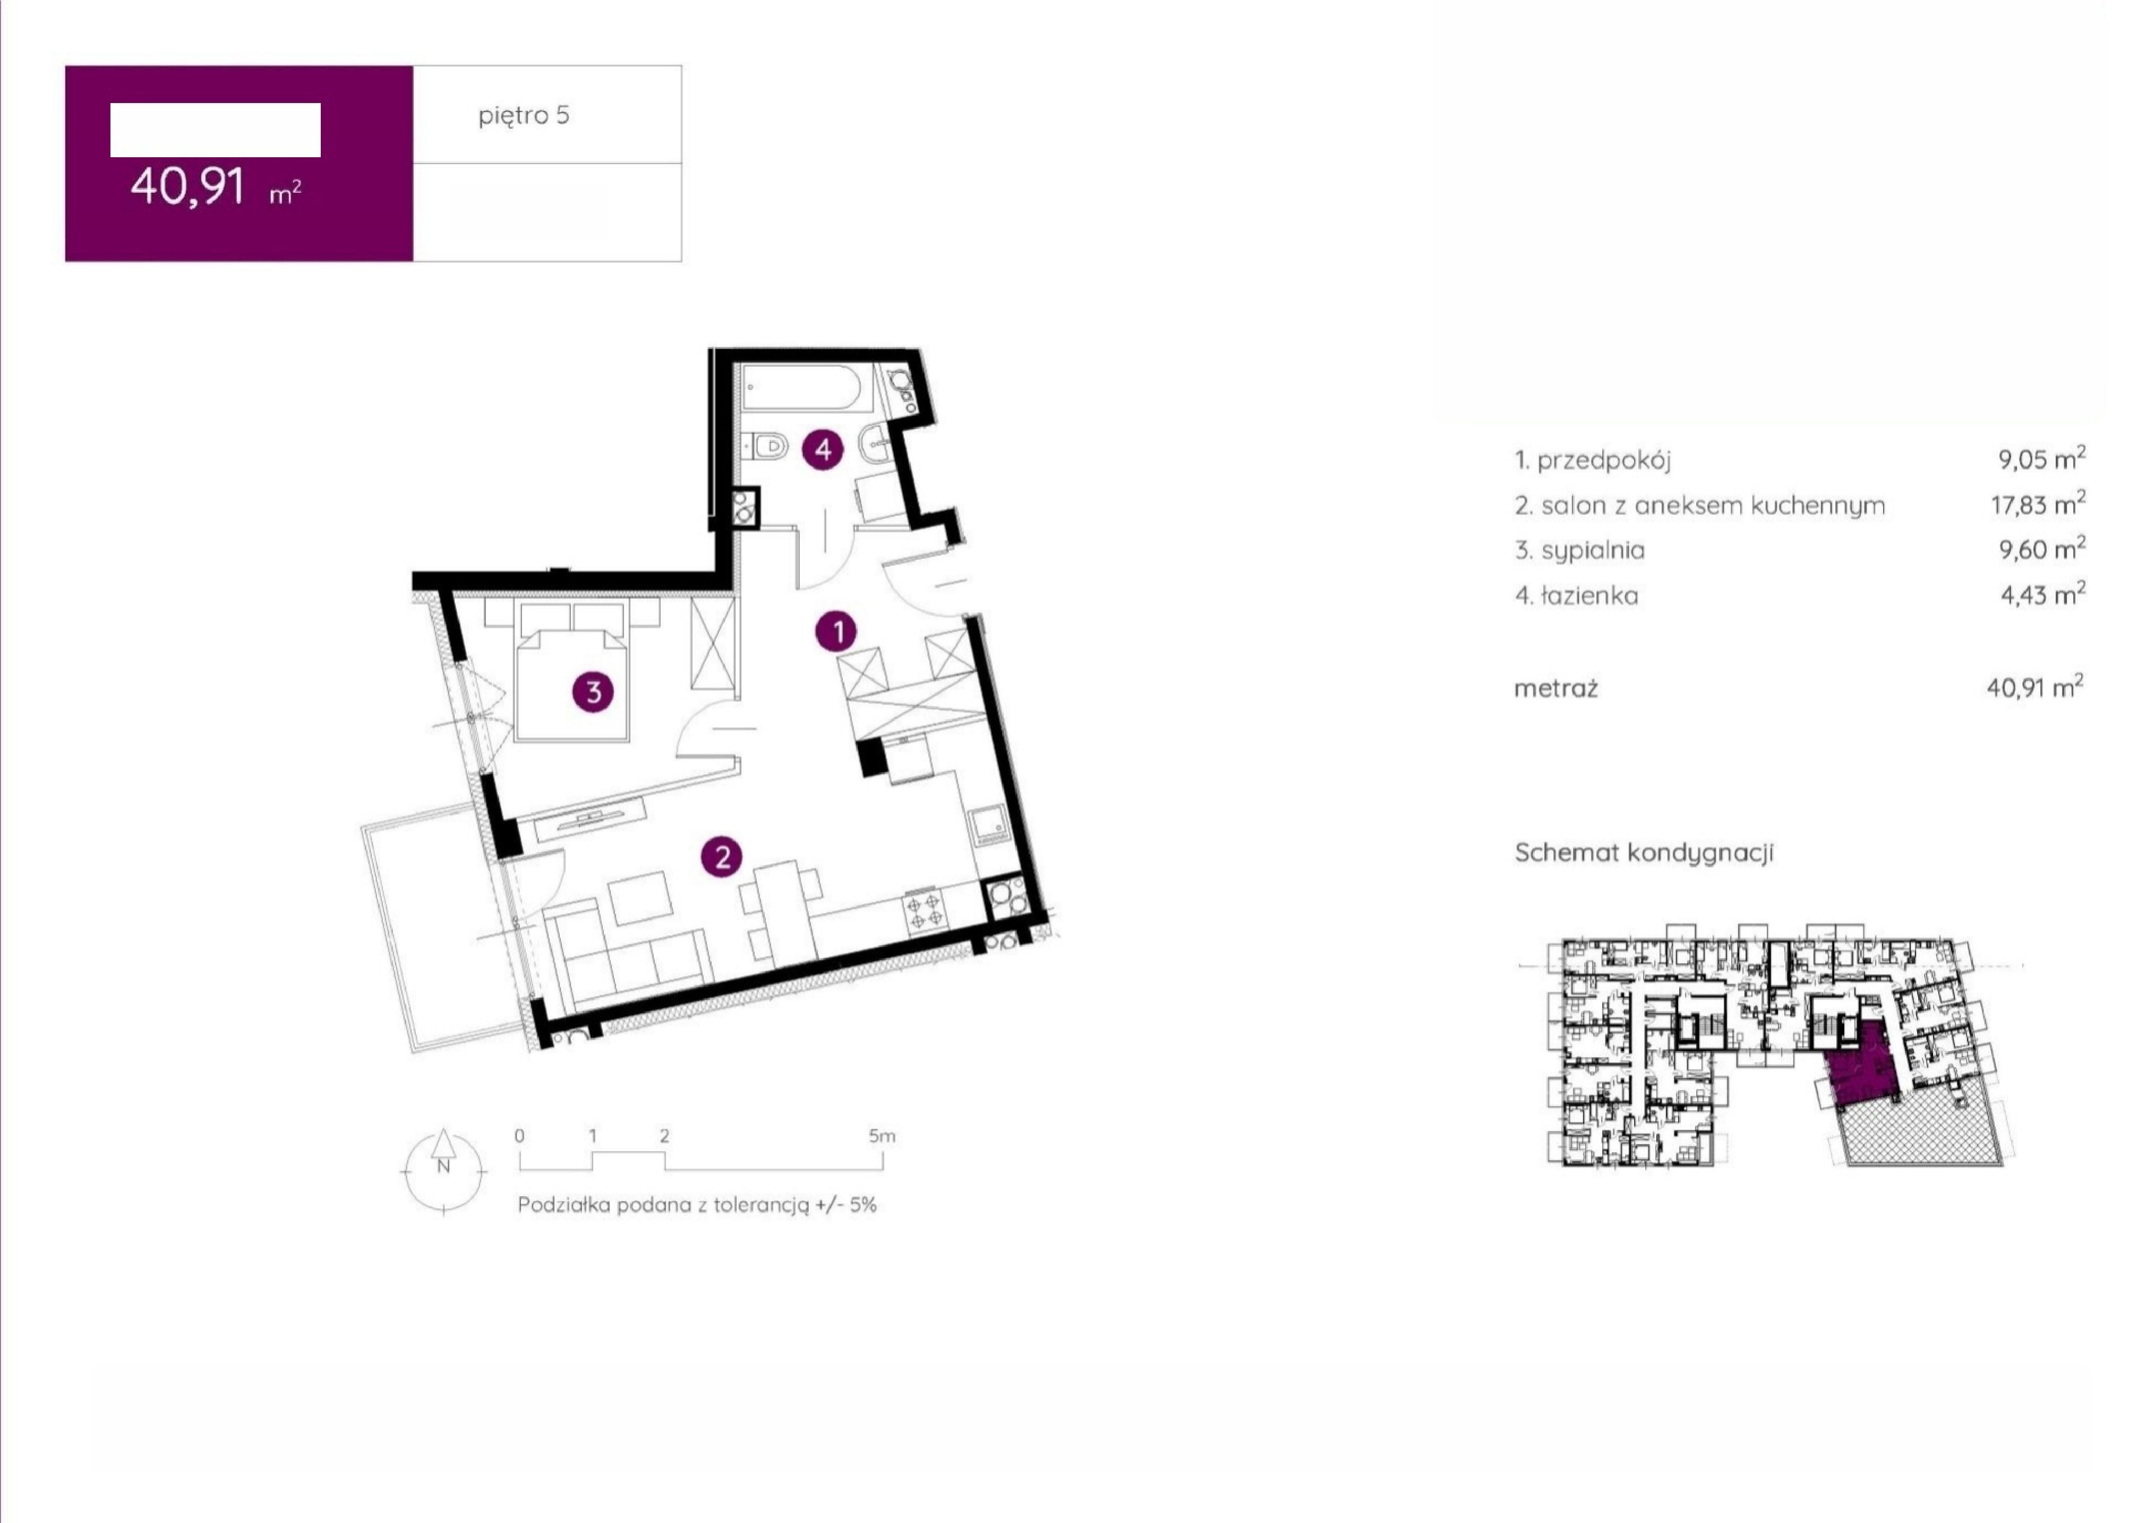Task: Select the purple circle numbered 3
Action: click(x=593, y=693)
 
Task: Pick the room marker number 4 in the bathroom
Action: click(x=822, y=450)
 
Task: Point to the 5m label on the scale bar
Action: click(x=882, y=1136)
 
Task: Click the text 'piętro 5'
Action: click(x=524, y=115)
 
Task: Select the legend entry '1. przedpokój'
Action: click(x=1593, y=460)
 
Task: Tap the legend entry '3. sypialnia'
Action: click(x=1580, y=550)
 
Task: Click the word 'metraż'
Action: click(x=1555, y=688)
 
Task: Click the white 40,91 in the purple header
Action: click(x=187, y=185)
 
